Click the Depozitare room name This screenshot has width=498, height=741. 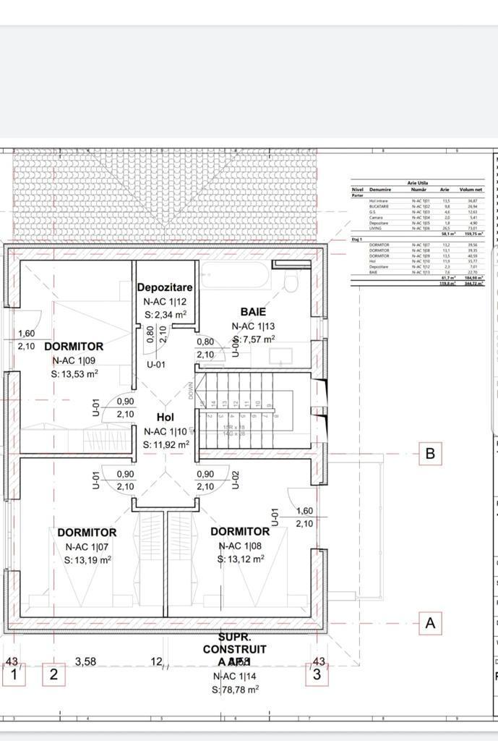pos(165,287)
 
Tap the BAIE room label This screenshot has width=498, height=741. pos(253,311)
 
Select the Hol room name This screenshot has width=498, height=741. pos(165,418)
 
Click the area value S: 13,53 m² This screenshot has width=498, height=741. pos(74,374)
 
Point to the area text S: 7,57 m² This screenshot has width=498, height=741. pos(253,339)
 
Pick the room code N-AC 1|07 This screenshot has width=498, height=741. pos(87,546)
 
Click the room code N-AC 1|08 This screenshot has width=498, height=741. pos(240,546)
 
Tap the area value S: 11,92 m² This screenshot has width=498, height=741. pos(166,445)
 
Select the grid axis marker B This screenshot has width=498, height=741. pos(430,454)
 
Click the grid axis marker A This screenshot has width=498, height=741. pos(431,623)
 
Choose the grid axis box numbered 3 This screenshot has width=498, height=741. pos(317,675)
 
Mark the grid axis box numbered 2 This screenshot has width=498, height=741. pos(53,675)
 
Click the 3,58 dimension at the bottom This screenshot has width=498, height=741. pos(86,661)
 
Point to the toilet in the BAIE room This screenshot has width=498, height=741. pos(291,281)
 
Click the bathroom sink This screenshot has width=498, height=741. pos(280,355)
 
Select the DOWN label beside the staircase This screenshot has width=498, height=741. pos(191,391)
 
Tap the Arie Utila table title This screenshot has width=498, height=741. pos(418,184)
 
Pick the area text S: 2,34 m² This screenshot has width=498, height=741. pos(165,314)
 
